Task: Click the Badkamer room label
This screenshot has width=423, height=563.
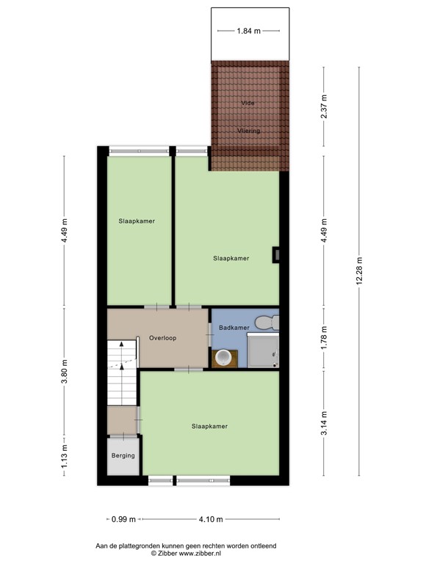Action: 234,328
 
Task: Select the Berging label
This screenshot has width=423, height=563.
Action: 123,455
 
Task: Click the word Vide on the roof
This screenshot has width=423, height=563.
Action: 248,103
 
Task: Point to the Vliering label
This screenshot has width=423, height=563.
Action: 248,130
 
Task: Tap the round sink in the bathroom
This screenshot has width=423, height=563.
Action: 223,358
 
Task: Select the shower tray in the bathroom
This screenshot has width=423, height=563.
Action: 263,350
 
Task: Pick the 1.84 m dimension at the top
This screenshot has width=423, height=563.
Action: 247,32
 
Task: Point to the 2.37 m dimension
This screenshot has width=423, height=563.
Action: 325,109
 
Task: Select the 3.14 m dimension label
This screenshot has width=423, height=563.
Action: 325,423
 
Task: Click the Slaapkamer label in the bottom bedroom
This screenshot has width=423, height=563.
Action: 209,426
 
